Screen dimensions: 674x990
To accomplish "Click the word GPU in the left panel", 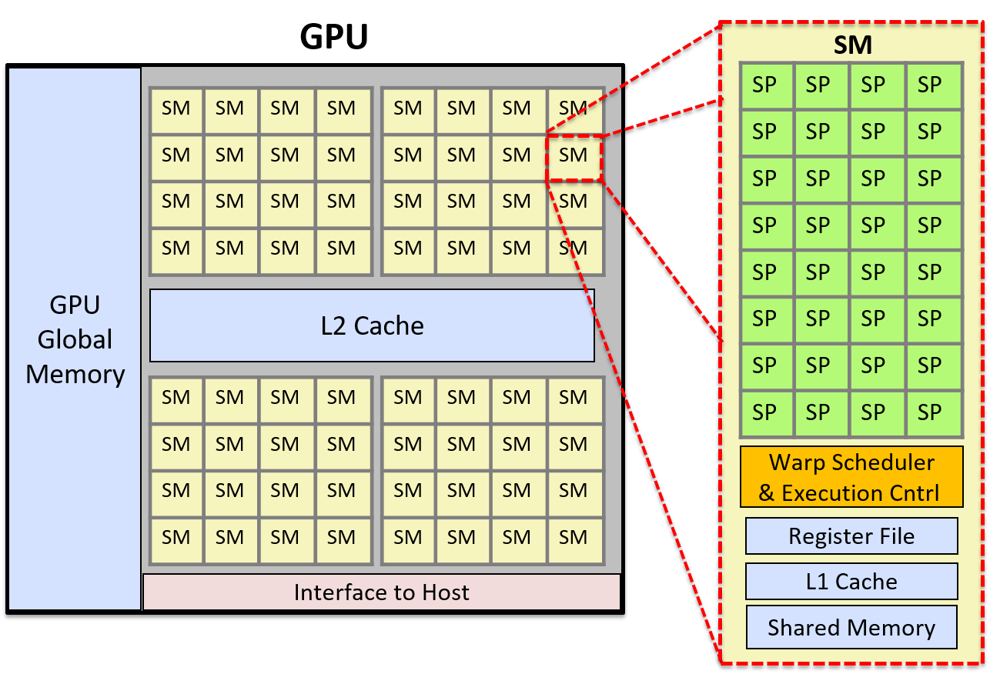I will point(75,305).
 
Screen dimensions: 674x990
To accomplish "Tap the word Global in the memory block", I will point(75,339).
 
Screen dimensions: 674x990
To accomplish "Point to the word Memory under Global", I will point(75,374).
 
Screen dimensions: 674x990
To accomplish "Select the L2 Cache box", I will point(372,325).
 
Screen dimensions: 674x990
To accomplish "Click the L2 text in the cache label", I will point(336,325).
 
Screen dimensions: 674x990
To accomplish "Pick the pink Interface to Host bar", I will point(381,592).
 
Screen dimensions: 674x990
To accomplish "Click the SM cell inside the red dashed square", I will point(574,155).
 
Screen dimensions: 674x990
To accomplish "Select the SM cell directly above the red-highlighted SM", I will point(574,108).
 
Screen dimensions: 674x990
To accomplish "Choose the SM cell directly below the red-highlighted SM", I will point(574,202).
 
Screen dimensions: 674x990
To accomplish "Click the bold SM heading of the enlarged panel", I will point(852,45).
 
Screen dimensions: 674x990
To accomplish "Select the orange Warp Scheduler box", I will point(851,477).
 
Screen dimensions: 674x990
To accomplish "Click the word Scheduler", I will point(887,462).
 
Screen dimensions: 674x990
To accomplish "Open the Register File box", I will point(851,536).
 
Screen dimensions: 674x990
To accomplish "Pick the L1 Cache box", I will point(851,582).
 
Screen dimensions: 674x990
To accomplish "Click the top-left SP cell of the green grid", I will point(765,85).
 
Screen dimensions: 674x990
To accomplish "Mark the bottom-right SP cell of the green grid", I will point(930,412).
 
